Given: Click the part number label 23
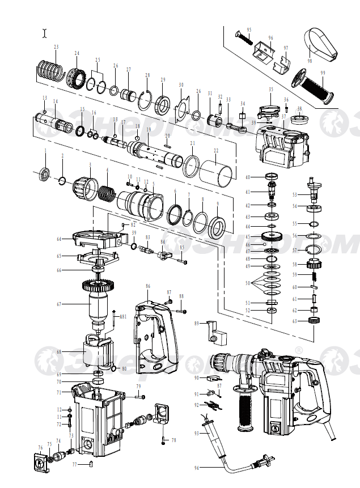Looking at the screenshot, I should (56, 46).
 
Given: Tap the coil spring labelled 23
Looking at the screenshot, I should (49, 70).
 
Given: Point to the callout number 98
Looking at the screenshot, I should (310, 61).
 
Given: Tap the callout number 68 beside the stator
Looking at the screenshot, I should (58, 351).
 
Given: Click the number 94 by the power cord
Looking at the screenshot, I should (196, 468).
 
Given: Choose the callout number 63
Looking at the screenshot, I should (295, 321).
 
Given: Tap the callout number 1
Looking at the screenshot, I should (46, 150).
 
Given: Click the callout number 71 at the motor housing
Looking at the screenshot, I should (58, 392).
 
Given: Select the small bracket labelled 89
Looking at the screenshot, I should (217, 333).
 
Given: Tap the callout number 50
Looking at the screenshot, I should (247, 282).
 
